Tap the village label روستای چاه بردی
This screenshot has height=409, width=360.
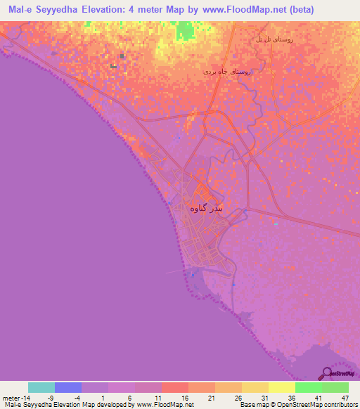[x=226, y=72]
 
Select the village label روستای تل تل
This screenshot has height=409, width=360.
[x=274, y=40]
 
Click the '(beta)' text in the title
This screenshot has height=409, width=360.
[x=300, y=10]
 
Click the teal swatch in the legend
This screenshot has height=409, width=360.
[x=41, y=387]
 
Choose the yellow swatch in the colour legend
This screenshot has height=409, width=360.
[x=281, y=387]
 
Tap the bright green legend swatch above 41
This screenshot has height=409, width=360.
[x=308, y=387]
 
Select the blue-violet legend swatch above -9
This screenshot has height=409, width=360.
[x=68, y=387]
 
